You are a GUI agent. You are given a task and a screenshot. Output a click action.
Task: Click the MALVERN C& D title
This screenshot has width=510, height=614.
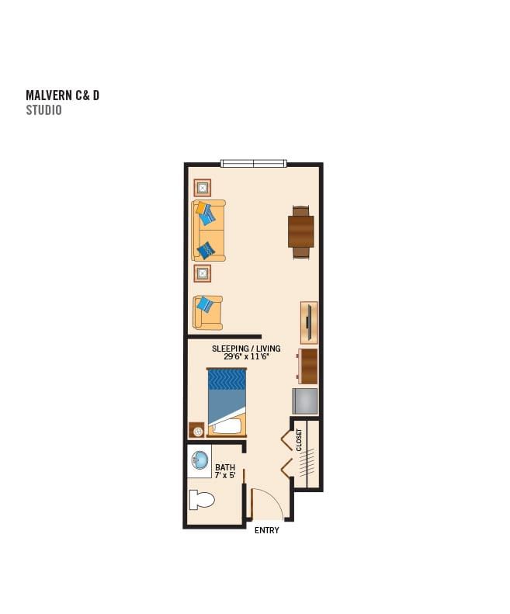coord(62,95)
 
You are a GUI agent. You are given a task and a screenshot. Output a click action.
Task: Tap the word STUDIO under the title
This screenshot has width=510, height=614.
coord(44,110)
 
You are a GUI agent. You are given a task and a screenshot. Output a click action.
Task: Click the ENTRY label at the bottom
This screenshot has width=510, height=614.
coord(267,530)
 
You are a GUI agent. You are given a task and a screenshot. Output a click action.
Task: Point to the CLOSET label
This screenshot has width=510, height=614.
coord(300,440)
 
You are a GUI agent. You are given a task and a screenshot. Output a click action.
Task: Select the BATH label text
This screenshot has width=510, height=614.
coord(225,467)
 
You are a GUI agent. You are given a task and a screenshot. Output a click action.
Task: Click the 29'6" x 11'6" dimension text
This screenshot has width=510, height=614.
coord(246,356)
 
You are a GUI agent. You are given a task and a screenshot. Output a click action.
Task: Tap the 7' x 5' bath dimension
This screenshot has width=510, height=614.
coord(225,475)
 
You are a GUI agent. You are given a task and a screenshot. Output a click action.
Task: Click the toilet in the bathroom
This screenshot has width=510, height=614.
coord(202,500)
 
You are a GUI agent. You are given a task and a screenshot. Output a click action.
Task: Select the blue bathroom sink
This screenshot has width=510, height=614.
coord(199,460)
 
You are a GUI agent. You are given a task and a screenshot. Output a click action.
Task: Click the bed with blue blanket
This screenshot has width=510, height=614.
coord(227,402)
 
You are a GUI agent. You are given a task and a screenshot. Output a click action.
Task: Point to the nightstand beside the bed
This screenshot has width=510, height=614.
coord(196,430)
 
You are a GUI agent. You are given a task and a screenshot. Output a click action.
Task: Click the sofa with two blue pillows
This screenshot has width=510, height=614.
coord(208,231)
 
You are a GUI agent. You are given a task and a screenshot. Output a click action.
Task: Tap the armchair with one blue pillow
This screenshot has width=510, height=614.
coord(207,313)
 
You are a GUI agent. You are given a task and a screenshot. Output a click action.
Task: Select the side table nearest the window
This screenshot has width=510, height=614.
coord(203,188)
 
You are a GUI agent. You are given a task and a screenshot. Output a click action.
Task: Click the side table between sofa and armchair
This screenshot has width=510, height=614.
coord(203,273)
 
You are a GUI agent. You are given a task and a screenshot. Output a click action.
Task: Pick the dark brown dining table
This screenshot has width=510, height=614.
coord(301,232)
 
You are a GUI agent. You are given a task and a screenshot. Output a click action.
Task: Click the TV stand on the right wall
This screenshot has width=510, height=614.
coord(309,323)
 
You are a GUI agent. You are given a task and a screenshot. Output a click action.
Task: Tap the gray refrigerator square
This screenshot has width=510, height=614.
coord(305,401)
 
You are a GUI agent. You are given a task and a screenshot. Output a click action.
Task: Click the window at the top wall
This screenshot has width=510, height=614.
coord(253,163)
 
